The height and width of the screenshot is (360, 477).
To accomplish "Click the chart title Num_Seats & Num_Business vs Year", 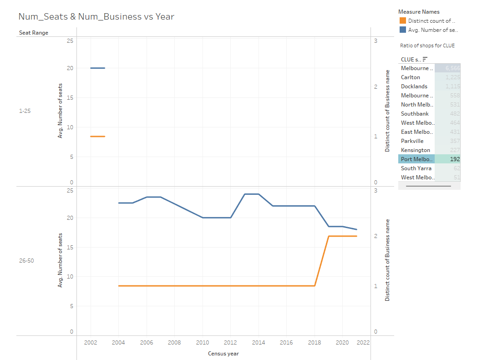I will (96, 17).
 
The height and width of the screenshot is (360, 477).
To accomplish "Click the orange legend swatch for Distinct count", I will (402, 20).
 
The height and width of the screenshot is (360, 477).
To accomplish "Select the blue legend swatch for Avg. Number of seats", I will (402, 30).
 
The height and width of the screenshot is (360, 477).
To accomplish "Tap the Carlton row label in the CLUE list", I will (411, 77).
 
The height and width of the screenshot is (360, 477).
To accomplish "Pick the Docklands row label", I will (414, 86).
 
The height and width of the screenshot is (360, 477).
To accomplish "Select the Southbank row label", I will (415, 114).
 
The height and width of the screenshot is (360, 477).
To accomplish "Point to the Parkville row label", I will (412, 141).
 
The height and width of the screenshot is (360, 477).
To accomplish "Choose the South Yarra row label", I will (416, 168).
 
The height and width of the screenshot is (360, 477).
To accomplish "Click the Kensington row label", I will (416, 150).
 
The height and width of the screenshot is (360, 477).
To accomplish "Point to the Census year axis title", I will (223, 354).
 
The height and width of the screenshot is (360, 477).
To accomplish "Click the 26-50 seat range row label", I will (26, 261).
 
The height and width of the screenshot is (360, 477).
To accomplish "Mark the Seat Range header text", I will (33, 33).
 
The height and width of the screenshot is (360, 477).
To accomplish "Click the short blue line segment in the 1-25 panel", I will (98, 68).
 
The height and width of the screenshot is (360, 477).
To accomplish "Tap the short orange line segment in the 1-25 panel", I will (98, 137).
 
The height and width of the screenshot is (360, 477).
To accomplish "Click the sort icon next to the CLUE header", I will (425, 59).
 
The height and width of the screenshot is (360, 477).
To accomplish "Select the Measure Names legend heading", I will (419, 11).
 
